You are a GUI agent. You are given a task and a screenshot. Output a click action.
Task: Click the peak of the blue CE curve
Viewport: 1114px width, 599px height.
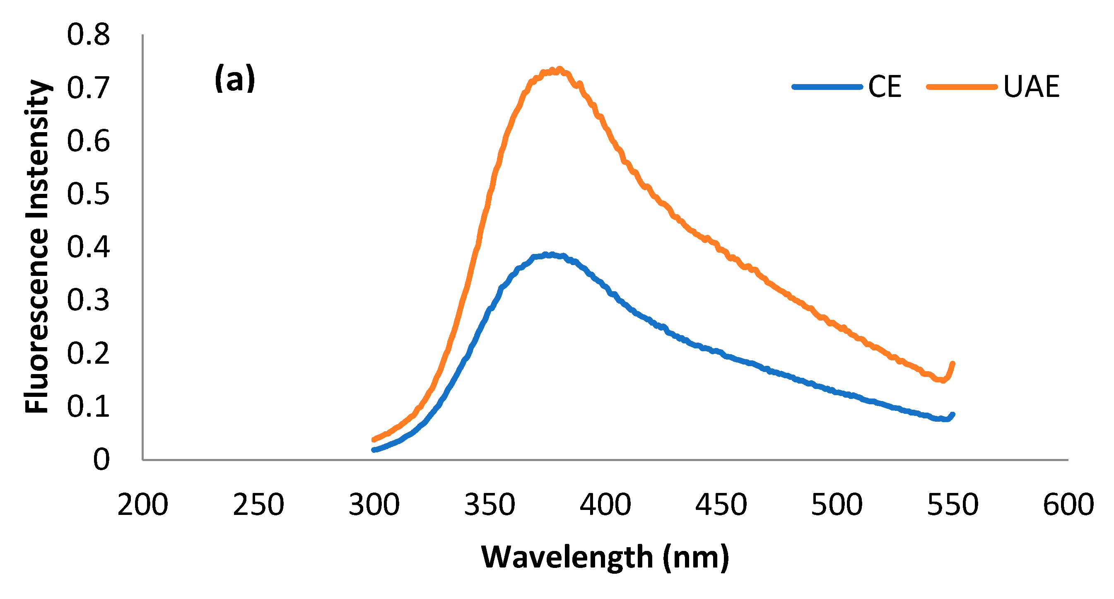pyautogui.click(x=550, y=255)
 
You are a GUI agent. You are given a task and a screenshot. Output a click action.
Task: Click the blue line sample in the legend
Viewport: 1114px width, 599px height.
pyautogui.click(x=827, y=87)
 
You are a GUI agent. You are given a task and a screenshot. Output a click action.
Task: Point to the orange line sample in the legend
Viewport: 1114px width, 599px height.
pyautogui.click(x=962, y=87)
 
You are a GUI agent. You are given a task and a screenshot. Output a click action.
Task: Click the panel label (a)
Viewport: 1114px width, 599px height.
pyautogui.click(x=235, y=79)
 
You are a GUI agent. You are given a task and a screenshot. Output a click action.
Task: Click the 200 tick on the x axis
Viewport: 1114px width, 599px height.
pyautogui.click(x=143, y=504)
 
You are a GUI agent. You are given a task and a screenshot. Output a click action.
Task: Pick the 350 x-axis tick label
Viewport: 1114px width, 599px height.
pyautogui.click(x=489, y=504)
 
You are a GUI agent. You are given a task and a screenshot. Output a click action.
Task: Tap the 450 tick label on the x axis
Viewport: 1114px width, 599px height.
pyautogui.click(x=721, y=504)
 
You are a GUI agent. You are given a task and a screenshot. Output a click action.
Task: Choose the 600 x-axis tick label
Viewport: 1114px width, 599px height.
pyautogui.click(x=1068, y=504)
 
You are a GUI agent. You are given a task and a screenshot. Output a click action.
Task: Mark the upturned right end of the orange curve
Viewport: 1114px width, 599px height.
pyautogui.click(x=952, y=364)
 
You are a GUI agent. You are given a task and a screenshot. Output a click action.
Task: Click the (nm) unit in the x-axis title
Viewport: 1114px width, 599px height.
pyautogui.click(x=696, y=558)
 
